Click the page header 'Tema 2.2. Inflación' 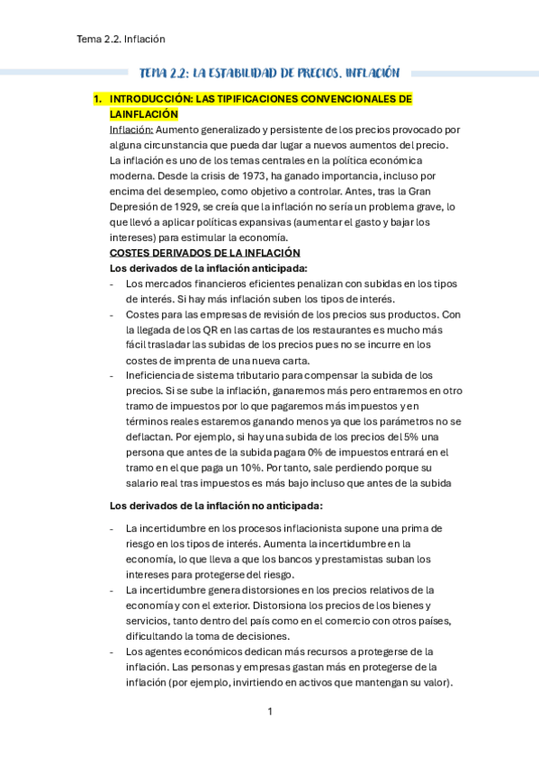click(121, 39)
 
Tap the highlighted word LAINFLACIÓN click(143, 114)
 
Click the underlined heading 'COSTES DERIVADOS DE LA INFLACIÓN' click(204, 253)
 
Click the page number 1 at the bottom click(269, 712)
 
